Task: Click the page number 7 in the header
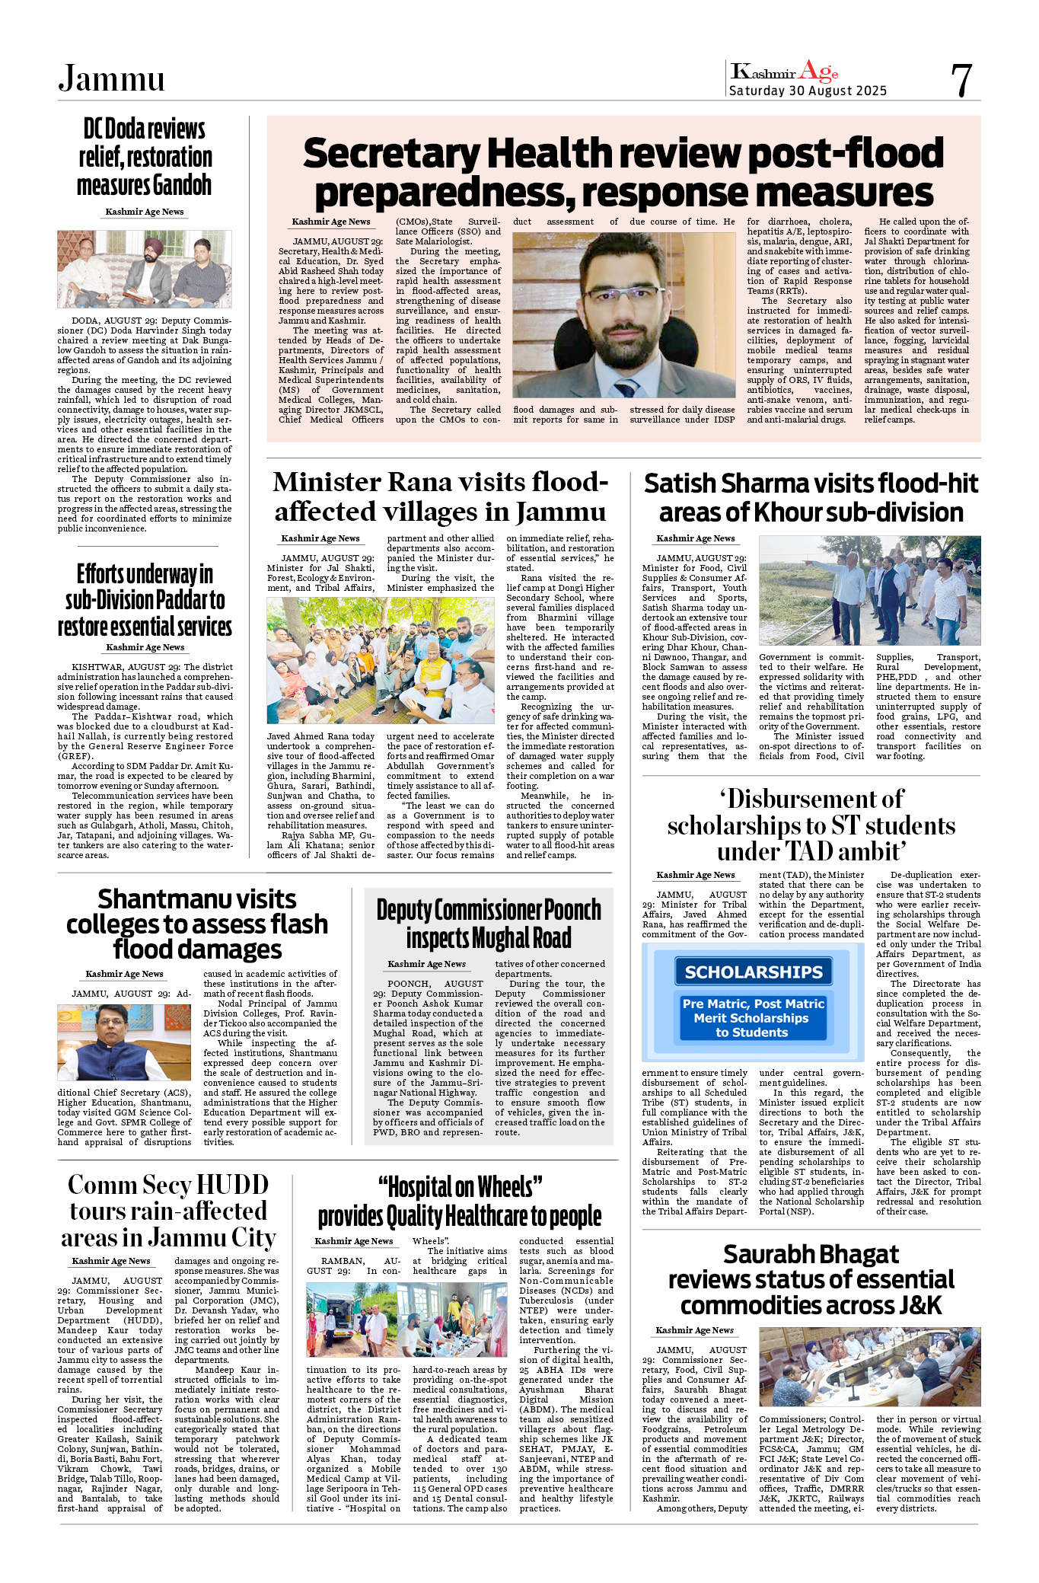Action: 961,80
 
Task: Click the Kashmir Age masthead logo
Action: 785,72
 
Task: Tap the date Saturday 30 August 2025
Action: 808,91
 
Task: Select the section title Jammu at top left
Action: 112,78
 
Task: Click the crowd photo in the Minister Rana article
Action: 381,660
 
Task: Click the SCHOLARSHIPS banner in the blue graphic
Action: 753,972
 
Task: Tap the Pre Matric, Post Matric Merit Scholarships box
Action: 753,1018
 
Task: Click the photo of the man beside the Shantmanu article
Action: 124,1042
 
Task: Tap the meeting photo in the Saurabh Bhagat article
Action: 869,1367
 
